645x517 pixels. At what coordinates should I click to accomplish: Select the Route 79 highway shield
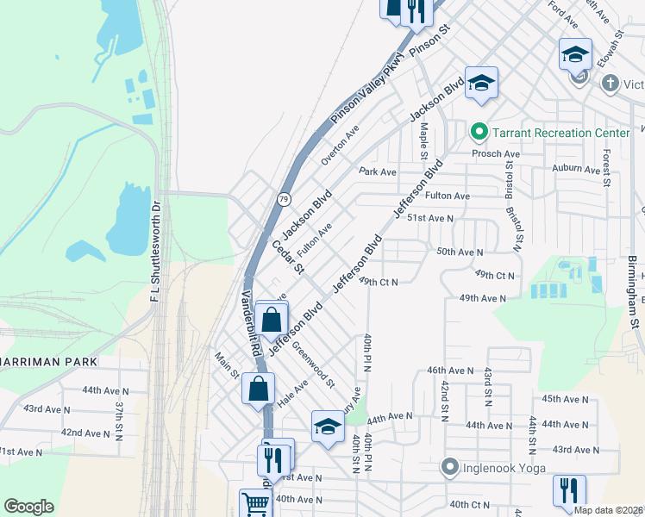284,200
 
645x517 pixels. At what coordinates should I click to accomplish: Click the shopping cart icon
255,503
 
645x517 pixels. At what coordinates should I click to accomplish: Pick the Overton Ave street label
340,146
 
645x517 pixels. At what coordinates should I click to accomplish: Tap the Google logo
28,507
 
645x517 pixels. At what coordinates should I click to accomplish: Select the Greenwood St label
312,363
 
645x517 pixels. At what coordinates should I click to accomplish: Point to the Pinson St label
431,41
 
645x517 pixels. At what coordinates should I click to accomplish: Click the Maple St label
423,141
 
